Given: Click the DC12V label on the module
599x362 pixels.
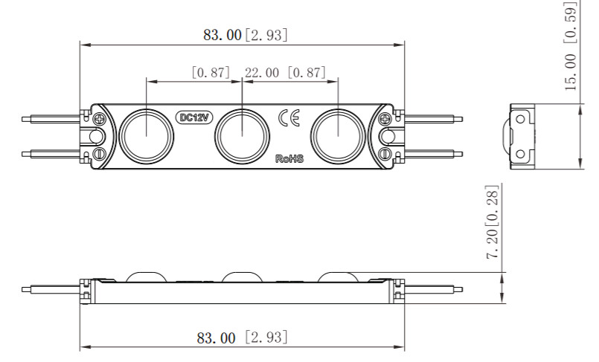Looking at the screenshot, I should click(194, 117).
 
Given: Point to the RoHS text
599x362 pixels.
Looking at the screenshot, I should click(289, 158).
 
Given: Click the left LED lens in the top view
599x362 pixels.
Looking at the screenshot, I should click(147, 135).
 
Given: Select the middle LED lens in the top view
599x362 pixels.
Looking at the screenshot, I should click(242, 135).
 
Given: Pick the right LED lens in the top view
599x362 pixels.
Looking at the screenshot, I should click(337, 135).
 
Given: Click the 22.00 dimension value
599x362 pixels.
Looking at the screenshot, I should click(262, 73).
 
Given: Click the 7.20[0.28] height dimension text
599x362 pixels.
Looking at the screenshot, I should click(493, 222).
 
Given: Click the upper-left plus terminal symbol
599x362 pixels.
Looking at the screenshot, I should click(100, 118).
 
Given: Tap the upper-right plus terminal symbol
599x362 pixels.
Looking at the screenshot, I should click(385, 118).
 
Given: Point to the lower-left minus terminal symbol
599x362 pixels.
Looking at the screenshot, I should click(100, 153).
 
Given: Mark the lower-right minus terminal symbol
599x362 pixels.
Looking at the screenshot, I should click(385, 153).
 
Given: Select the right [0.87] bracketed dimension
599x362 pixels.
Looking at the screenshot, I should click(306, 73).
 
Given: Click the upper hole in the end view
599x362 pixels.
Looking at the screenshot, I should click(522, 118).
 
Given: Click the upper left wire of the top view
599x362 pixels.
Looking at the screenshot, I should click(52, 117).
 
